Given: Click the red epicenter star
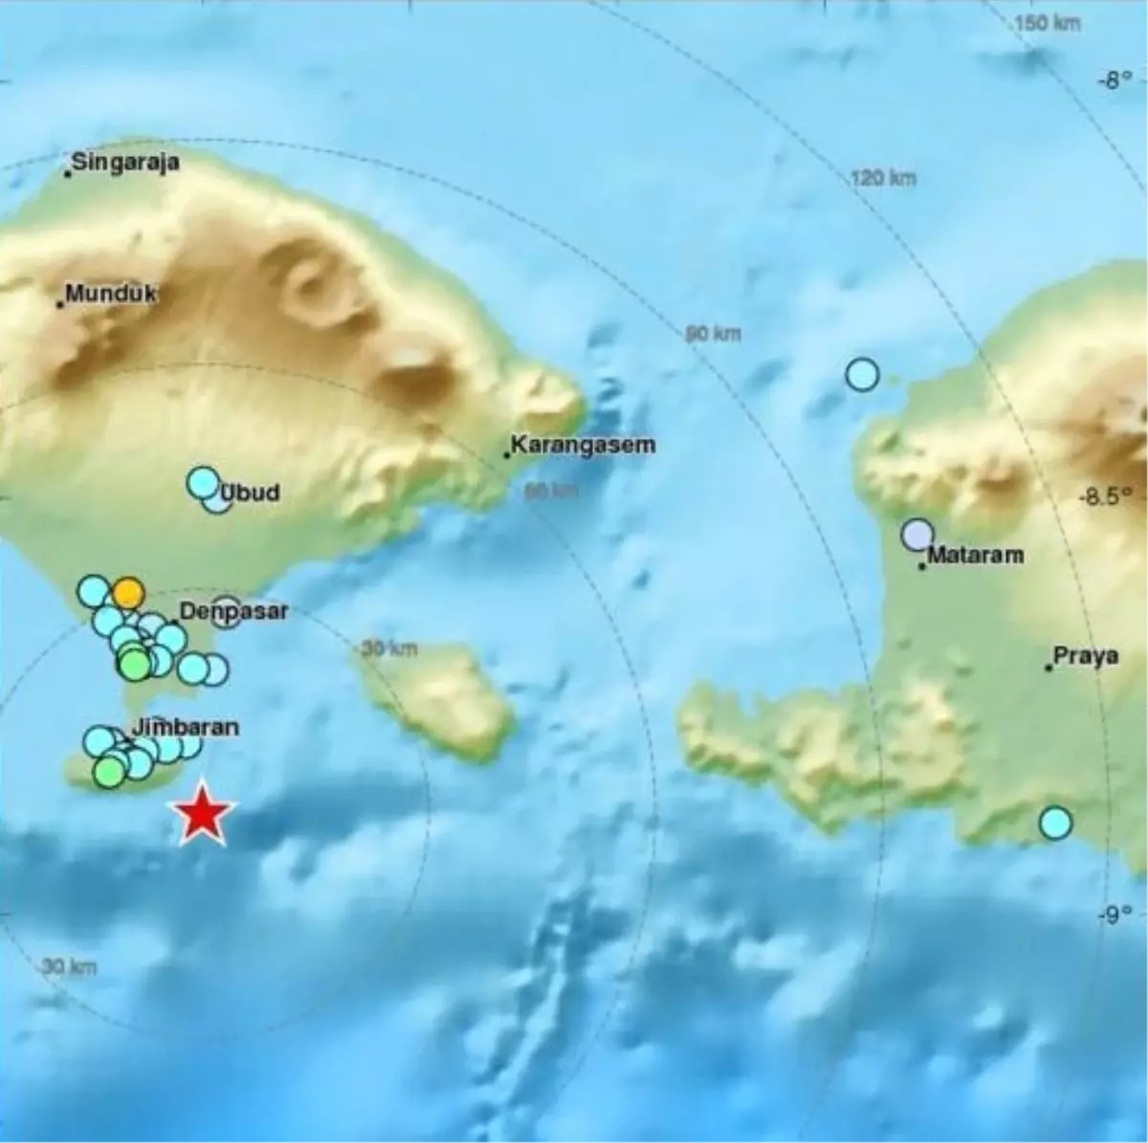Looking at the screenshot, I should pyautogui.click(x=202, y=814).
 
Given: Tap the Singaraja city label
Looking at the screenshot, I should pyautogui.click(x=126, y=162).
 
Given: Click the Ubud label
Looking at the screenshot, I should pyautogui.click(x=251, y=493).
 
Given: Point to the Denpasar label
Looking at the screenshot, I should pyautogui.click(x=233, y=610).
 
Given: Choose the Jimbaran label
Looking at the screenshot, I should pyautogui.click(x=186, y=727).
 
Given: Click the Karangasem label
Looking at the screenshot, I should pyautogui.click(x=583, y=445).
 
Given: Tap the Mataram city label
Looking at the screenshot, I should pyautogui.click(x=975, y=555).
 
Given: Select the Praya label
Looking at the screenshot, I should pyautogui.click(x=1086, y=657).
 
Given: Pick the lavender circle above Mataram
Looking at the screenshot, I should pyautogui.click(x=917, y=535).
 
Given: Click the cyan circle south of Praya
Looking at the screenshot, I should pyautogui.click(x=1055, y=823).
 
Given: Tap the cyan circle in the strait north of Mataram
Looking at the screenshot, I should pyautogui.click(x=862, y=374).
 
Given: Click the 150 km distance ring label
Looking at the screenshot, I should pyautogui.click(x=1048, y=22).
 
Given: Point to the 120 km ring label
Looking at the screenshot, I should pyautogui.click(x=883, y=178).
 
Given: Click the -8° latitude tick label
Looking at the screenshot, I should pyautogui.click(x=1115, y=80).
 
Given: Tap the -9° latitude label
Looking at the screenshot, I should pyautogui.click(x=1115, y=914).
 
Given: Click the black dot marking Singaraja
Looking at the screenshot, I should pyautogui.click(x=68, y=173).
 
